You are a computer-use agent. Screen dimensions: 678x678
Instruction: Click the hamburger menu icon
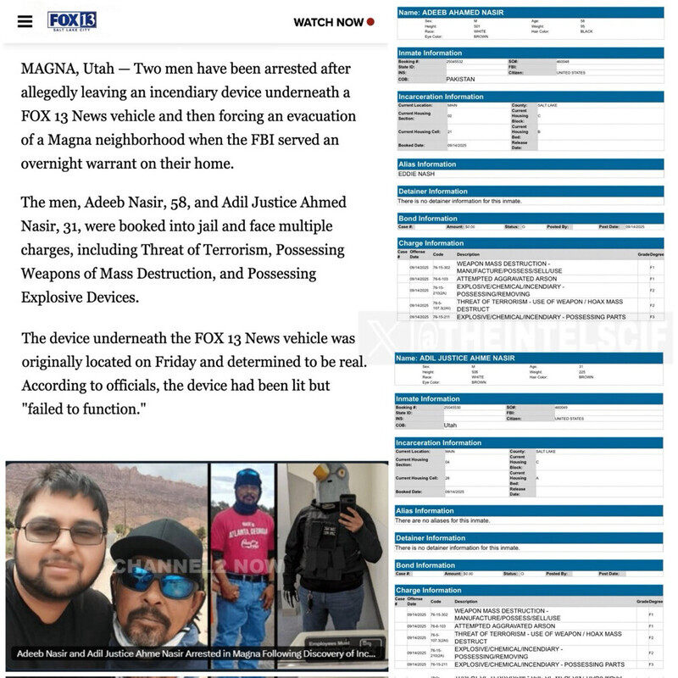coord(25,21)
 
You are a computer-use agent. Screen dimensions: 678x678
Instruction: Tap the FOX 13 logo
coord(71,20)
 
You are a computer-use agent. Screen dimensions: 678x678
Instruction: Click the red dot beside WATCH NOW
coord(371,22)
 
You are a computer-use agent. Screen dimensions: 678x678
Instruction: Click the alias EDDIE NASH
coord(417,174)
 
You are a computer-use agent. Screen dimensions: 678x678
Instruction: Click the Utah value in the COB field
coord(450,425)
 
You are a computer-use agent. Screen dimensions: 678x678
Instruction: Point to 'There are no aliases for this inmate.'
coord(447,520)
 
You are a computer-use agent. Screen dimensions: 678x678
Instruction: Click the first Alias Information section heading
coord(427,164)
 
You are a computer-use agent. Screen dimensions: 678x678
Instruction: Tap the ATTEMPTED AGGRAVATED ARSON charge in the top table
coord(493,279)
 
